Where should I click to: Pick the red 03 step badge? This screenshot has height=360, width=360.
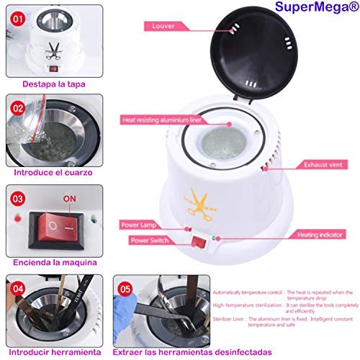pyautogui.click(x=19, y=197)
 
